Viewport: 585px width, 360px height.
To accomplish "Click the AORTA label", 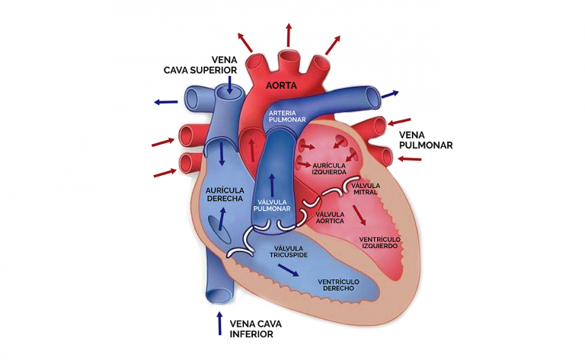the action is pos(281,86).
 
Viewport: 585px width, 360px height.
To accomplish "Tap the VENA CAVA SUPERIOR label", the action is pos(200,65).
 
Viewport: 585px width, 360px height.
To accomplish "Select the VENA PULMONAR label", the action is pos(426,140).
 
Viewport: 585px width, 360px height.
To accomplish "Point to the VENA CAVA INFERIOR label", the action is pos(256,329).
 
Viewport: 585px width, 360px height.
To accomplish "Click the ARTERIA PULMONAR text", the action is pos(287,116).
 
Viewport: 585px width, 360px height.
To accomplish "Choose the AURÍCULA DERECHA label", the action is pos(225,195).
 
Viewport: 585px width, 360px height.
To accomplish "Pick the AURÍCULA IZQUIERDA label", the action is pos(329,169).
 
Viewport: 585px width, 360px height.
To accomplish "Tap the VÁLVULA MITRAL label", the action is pos(366,189).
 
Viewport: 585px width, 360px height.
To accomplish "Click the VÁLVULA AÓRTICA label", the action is pos(330,218).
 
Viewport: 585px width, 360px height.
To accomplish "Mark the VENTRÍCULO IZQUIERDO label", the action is pos(380,243).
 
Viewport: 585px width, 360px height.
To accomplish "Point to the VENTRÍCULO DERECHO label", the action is pos(338,285).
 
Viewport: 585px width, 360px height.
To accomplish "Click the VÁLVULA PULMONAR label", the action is pos(272,205).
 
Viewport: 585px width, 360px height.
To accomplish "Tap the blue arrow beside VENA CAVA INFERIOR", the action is pos(219,323).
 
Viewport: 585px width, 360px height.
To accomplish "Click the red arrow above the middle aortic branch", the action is pos(289,35).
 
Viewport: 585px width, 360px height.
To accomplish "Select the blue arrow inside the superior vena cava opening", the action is pos(229,85).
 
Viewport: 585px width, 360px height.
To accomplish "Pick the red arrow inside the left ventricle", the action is pos(360,215).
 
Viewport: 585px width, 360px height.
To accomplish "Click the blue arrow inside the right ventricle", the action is pos(288,270).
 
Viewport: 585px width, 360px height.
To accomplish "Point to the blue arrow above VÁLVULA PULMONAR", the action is pos(272,185).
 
